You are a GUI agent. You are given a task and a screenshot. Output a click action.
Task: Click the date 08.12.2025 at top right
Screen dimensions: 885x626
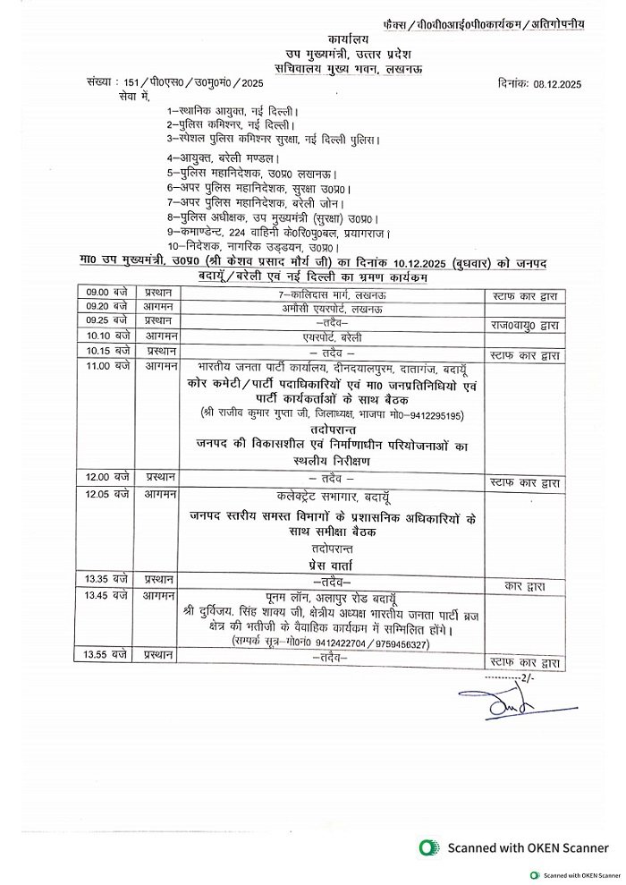(x=552, y=83)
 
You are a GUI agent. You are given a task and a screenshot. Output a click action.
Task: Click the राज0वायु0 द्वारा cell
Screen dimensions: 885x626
(x=525, y=322)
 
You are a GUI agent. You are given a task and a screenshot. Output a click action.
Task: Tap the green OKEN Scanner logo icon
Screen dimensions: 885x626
(x=429, y=847)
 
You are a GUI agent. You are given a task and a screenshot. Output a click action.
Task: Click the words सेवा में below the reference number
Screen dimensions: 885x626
(x=109, y=95)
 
